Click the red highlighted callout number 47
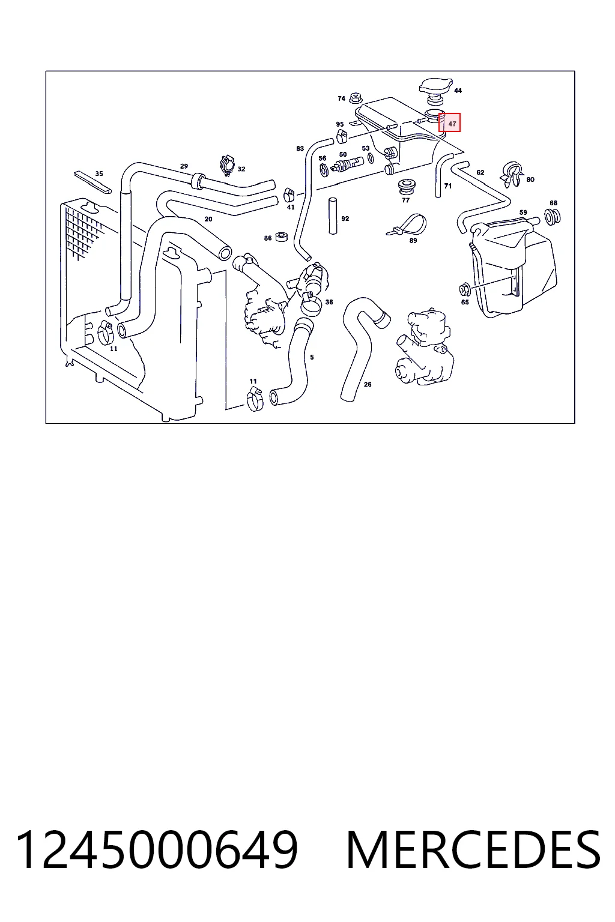[452, 124]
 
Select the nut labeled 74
[355, 99]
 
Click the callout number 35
[99, 173]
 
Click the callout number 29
[184, 166]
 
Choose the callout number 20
[208, 219]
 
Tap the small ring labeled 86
[281, 237]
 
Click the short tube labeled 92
[333, 216]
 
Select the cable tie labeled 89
[407, 224]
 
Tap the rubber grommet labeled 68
[553, 217]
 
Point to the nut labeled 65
[465, 290]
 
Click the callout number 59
[523, 212]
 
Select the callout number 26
[368, 384]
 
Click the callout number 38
[329, 302]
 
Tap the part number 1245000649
[157, 850]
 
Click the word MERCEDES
[473, 850]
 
